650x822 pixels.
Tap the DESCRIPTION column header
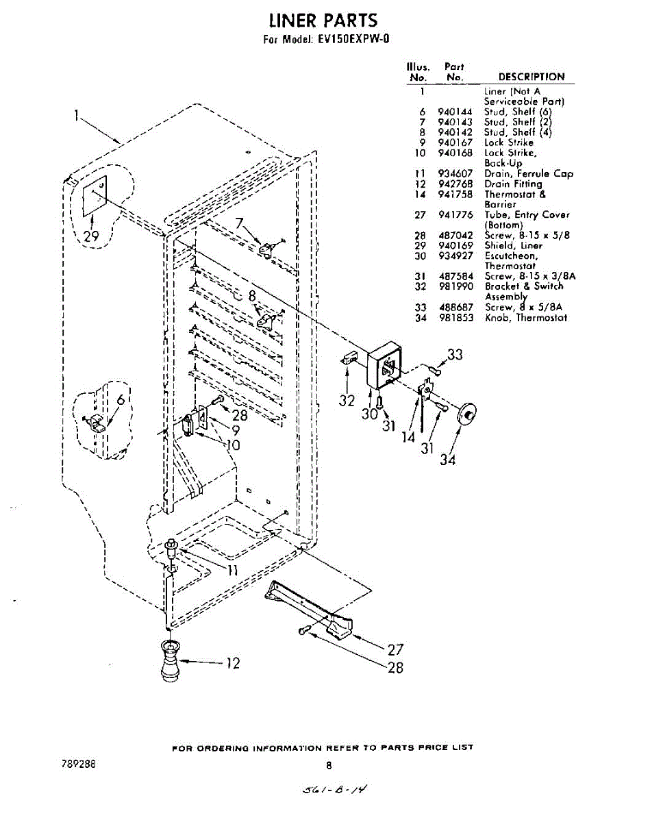coord(531,77)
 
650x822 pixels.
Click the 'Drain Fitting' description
coord(513,184)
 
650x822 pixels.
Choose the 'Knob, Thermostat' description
coord(526,317)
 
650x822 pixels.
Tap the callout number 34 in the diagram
coord(447,460)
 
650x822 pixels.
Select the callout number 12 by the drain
coord(233,662)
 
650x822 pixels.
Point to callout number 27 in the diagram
coord(395,649)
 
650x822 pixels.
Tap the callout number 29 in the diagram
coord(91,236)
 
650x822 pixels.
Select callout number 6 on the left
coord(121,399)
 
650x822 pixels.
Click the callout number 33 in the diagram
coord(455,354)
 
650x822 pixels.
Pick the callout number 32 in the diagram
coord(347,401)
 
